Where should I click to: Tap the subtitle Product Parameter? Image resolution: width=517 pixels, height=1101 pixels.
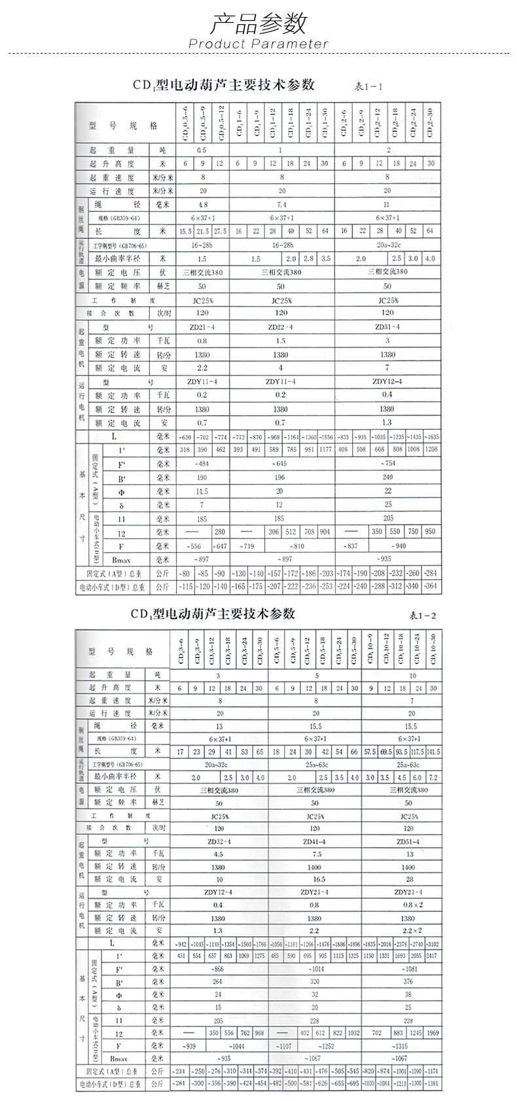coord(258,44)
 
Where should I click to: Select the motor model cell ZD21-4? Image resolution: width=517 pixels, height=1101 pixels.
coord(202,326)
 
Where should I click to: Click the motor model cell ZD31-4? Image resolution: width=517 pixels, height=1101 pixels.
coord(387,326)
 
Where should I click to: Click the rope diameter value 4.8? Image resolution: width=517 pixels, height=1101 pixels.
coord(202,204)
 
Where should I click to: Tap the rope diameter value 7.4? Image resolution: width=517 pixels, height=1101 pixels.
coord(281,204)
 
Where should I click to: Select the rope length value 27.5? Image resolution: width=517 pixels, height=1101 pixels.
coord(220,231)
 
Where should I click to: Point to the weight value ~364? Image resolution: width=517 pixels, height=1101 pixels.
coord(431,587)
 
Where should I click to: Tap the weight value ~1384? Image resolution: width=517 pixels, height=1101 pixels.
coord(433,1084)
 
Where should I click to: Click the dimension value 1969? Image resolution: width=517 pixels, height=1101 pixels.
coord(433,1033)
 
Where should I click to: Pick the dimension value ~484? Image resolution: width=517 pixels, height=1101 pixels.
coord(201,464)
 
